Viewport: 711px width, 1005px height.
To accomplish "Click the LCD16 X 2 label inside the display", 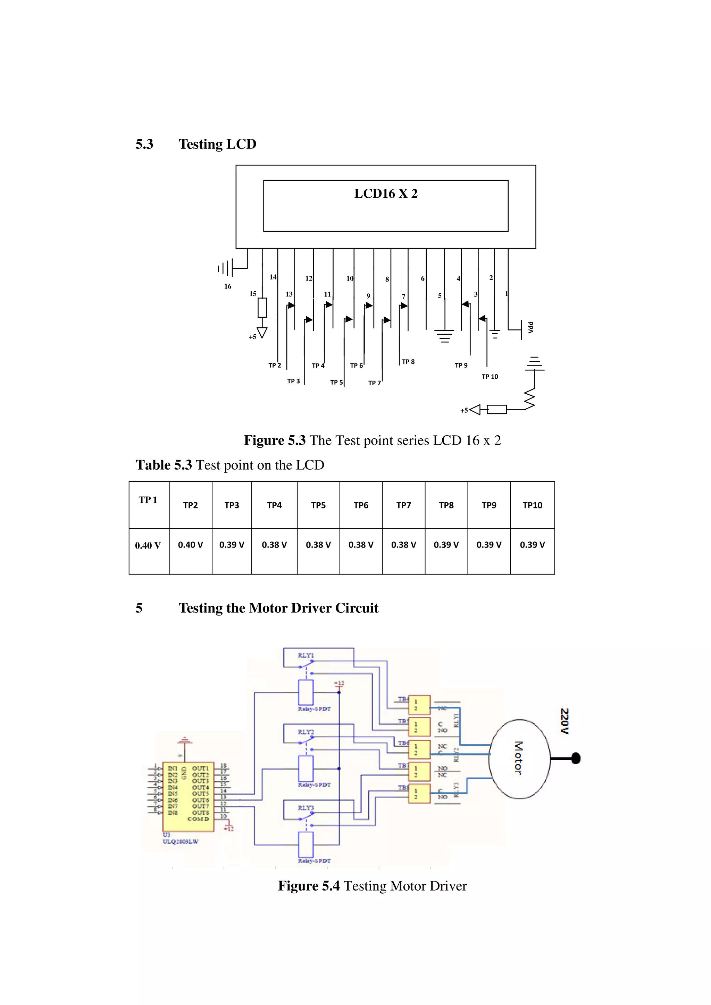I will point(385,194).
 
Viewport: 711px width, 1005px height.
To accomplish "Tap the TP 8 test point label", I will point(408,362).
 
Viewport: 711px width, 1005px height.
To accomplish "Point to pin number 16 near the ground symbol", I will point(227,286).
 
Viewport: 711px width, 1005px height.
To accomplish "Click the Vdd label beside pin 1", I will point(530,327).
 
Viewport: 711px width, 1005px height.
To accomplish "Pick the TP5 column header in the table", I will point(318,505).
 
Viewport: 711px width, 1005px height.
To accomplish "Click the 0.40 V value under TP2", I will point(190,544).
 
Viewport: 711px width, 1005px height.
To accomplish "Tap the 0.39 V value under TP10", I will point(532,544).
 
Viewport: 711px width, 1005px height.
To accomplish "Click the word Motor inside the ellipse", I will point(518,758).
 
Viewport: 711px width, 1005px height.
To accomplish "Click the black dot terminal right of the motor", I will point(576,758).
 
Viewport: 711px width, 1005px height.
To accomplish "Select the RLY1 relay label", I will point(306,655).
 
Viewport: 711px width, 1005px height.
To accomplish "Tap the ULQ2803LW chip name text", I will point(180,841).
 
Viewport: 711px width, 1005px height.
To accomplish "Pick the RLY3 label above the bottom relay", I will point(306,808).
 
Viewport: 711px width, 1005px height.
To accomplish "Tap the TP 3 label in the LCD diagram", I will point(293,381).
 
